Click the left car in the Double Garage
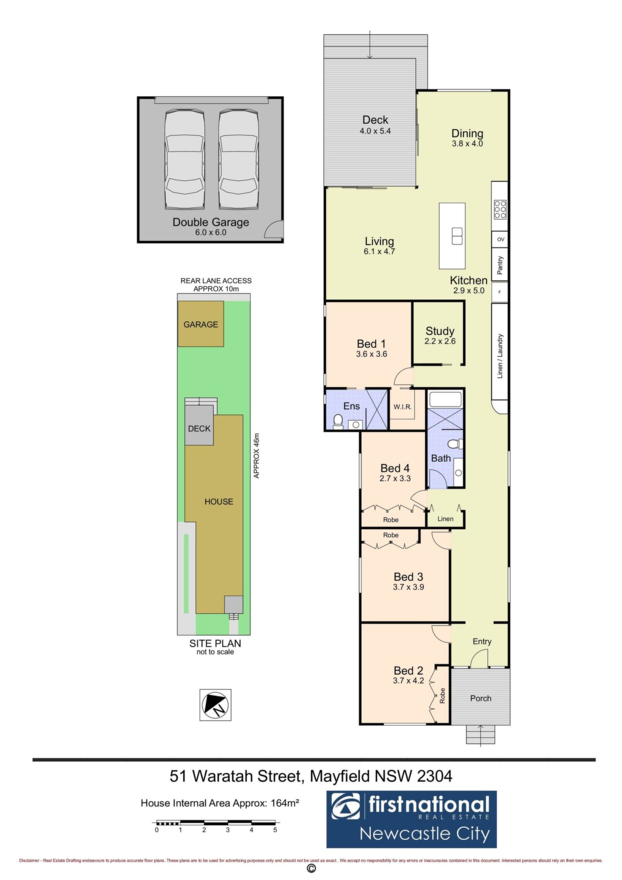[x=185, y=159]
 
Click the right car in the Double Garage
[x=238, y=159]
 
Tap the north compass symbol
[x=215, y=704]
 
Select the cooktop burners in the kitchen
[x=500, y=209]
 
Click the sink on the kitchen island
[x=457, y=236]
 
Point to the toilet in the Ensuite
[x=338, y=421]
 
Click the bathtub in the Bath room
[x=445, y=399]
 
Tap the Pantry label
[x=500, y=265]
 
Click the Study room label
[x=440, y=331]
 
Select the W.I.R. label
[x=402, y=407]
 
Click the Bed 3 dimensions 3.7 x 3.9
[x=408, y=587]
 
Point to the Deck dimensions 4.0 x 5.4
[x=375, y=131]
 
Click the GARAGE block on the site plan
[x=201, y=324]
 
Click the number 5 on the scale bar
[x=275, y=829]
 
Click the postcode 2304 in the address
[x=435, y=775]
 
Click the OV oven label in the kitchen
[x=501, y=239]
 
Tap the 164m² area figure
[x=285, y=803]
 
